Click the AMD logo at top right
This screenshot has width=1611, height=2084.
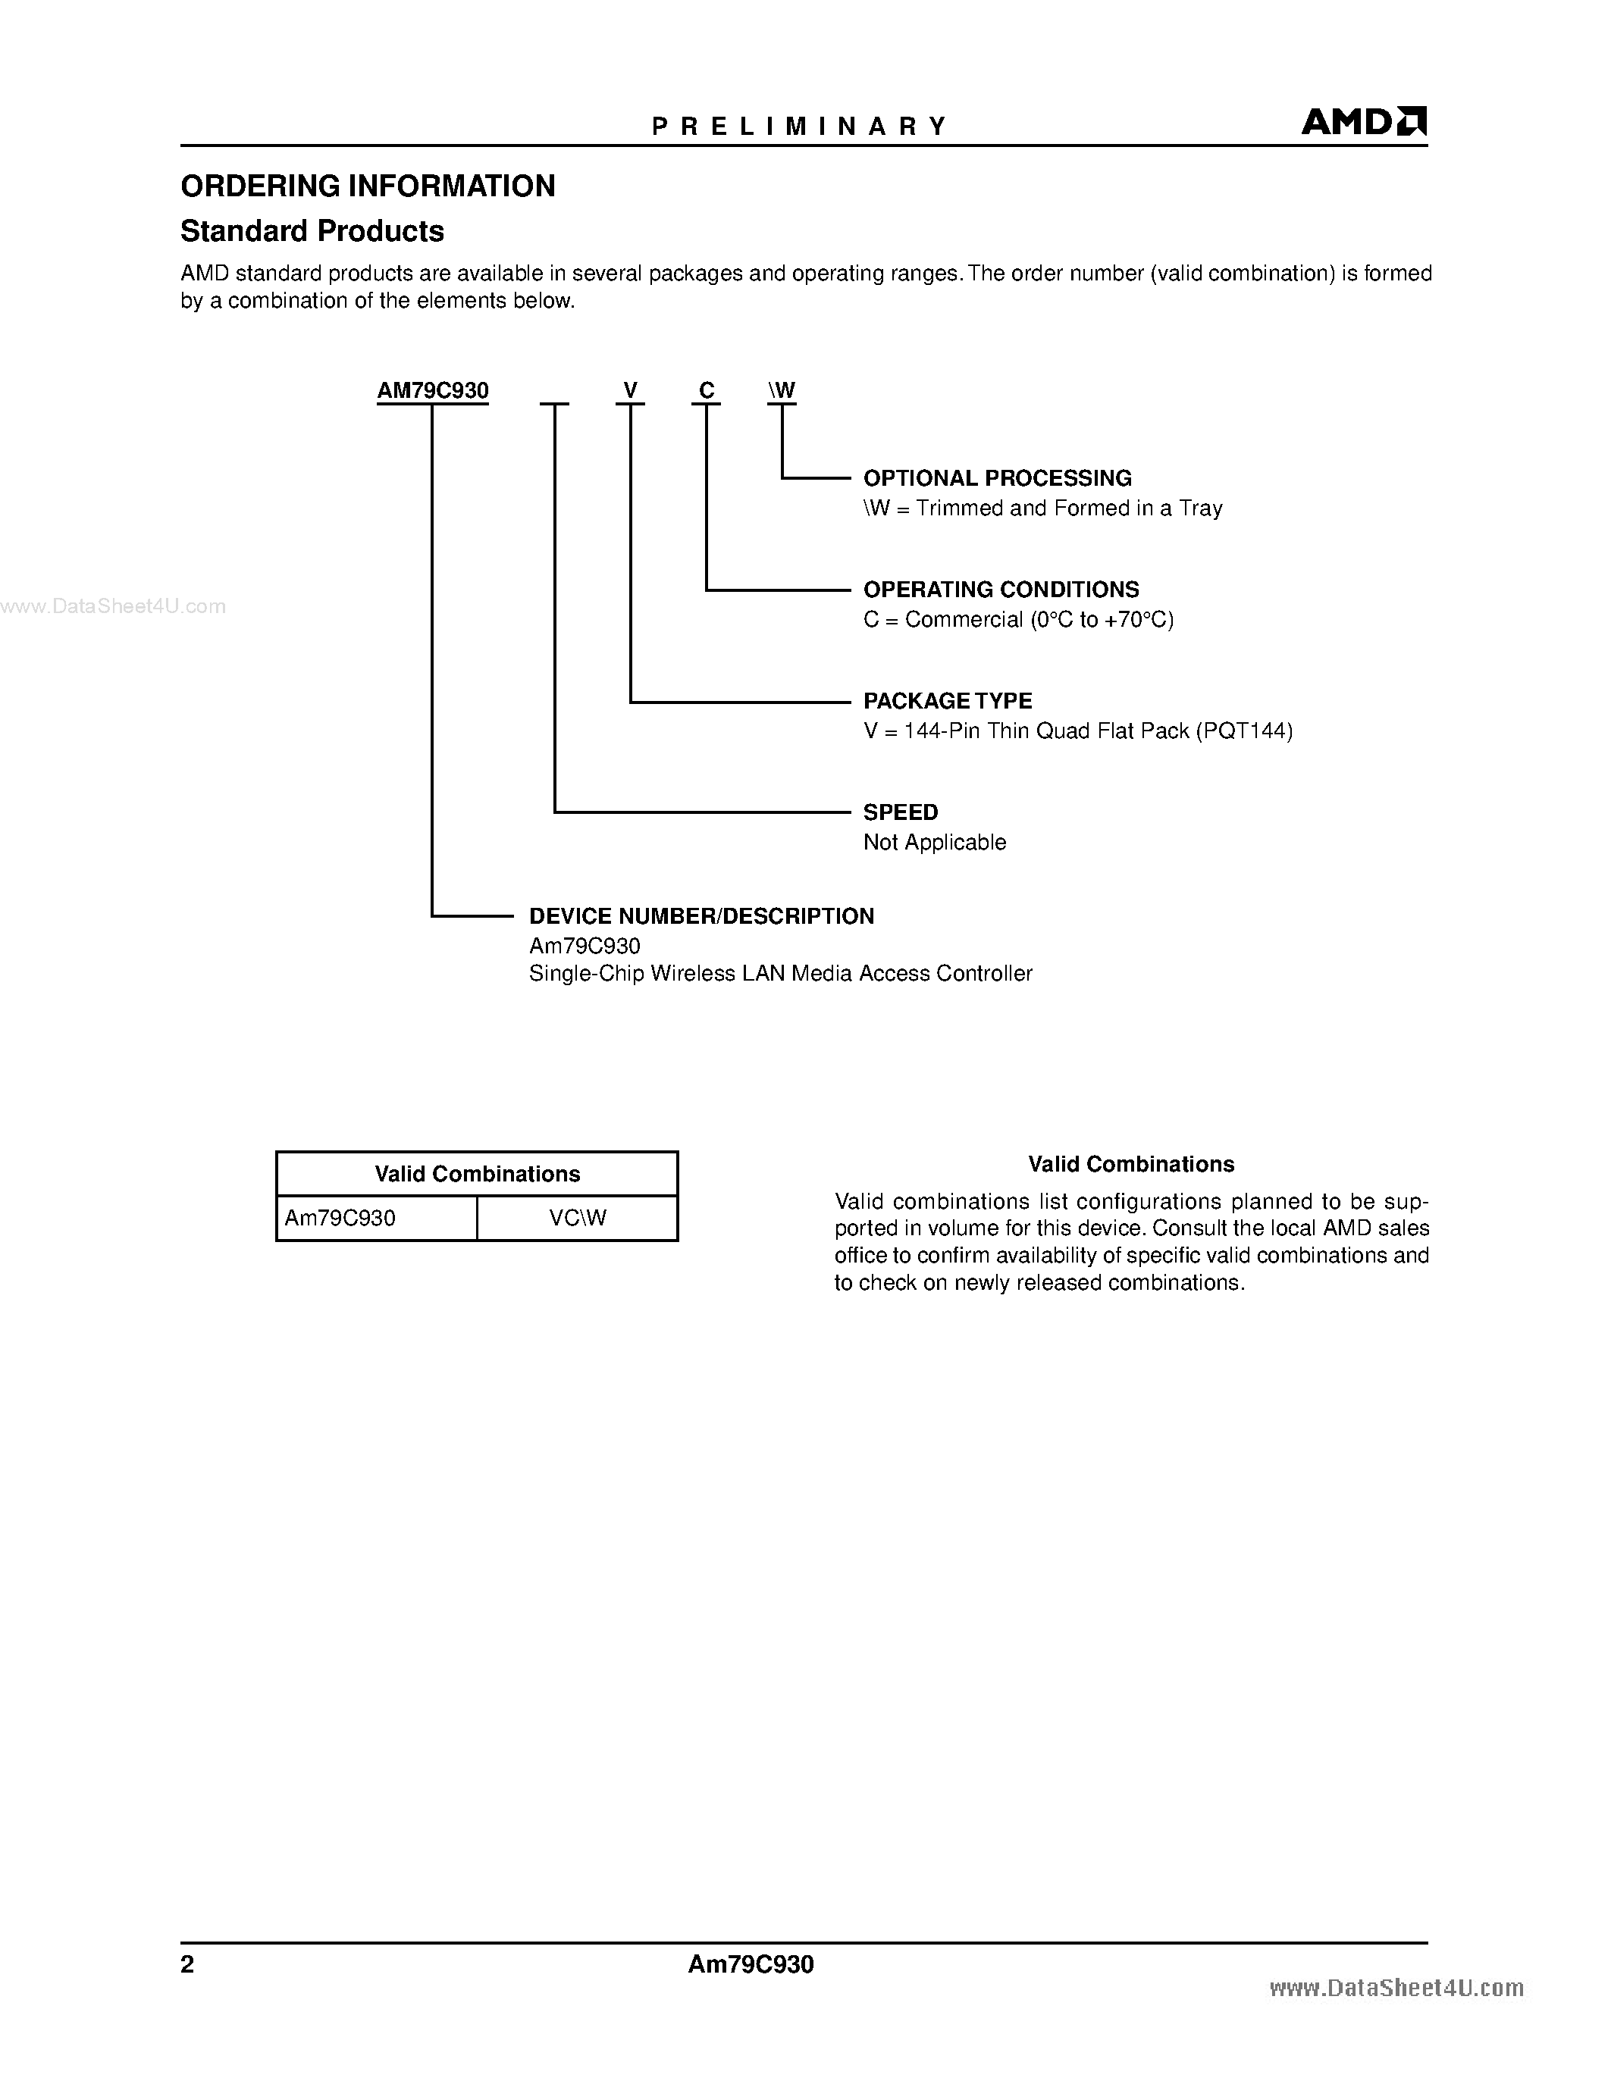click(1363, 122)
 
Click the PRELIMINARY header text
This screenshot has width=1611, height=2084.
click(799, 126)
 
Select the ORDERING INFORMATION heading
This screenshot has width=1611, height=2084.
click(368, 186)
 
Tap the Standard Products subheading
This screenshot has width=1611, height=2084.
click(312, 231)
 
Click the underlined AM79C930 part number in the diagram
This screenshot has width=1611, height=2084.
click(432, 390)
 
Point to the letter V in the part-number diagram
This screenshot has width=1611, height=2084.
click(630, 390)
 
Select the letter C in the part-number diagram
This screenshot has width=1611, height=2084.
click(707, 390)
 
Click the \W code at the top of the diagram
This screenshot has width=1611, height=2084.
click(782, 390)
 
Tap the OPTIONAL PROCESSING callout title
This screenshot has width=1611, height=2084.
click(998, 478)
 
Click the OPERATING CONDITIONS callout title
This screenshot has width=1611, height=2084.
click(1001, 590)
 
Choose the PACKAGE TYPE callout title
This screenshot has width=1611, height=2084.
click(948, 701)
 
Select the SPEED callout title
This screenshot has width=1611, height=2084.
click(900, 812)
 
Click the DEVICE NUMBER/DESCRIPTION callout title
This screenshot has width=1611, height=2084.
click(701, 916)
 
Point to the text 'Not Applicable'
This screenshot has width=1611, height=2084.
click(934, 843)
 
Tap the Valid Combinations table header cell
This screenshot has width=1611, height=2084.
click(477, 1174)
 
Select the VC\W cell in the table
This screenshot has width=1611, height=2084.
click(578, 1219)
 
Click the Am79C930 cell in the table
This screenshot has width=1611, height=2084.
click(340, 1219)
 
